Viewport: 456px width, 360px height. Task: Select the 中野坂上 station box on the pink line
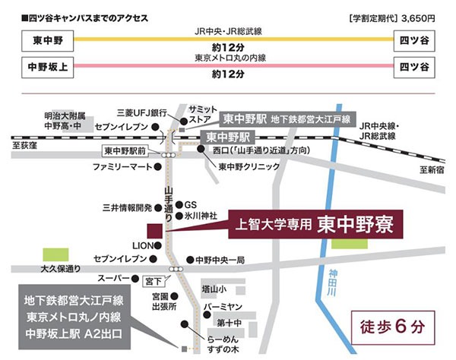pos(39,68)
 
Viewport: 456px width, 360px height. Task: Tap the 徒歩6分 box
pos(388,327)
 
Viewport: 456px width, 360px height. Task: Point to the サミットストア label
pos(207,114)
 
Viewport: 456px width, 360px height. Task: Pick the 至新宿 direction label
pos(432,171)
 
